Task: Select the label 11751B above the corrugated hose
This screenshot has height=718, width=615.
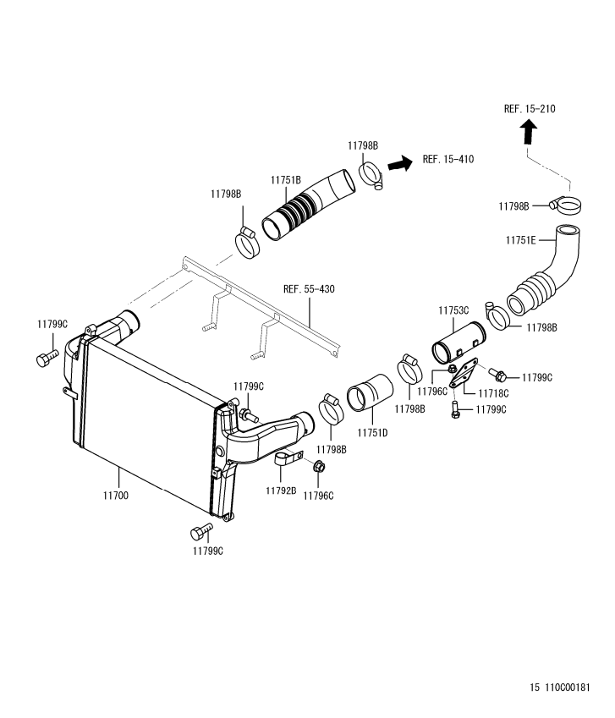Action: point(286,180)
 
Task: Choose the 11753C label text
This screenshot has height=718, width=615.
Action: point(453,310)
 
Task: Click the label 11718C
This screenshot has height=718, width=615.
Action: point(493,393)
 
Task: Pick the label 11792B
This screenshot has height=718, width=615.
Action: point(280,491)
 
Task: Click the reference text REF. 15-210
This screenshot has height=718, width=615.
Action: point(530,109)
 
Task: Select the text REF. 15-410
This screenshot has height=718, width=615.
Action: point(448,159)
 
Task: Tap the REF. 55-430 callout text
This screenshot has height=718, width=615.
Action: point(309,289)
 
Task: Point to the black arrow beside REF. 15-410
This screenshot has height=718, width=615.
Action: point(399,163)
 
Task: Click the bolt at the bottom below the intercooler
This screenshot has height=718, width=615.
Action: point(200,532)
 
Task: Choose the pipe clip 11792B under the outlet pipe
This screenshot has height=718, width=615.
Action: point(288,461)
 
